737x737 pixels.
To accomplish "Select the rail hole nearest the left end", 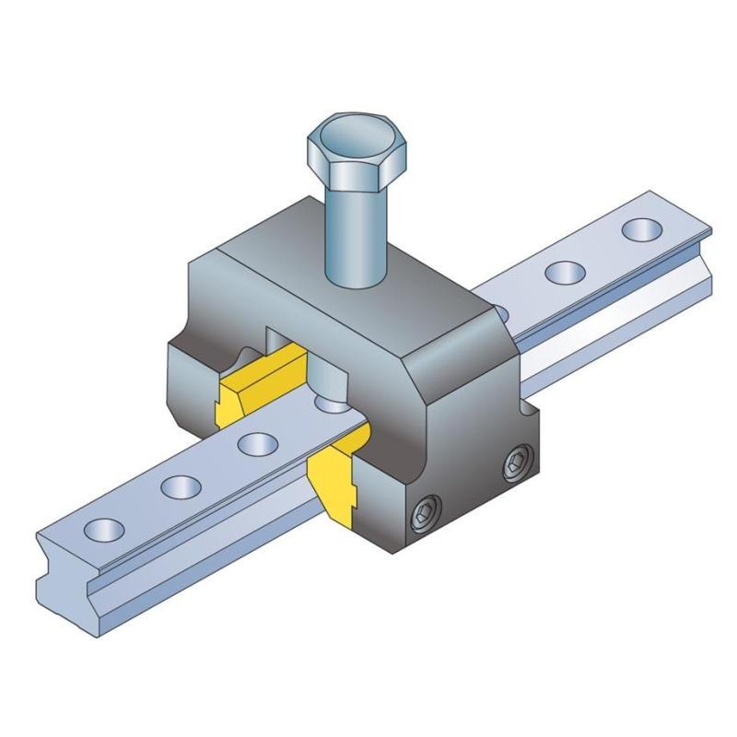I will tap(105, 528).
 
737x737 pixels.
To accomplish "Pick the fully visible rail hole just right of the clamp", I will tap(564, 271).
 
